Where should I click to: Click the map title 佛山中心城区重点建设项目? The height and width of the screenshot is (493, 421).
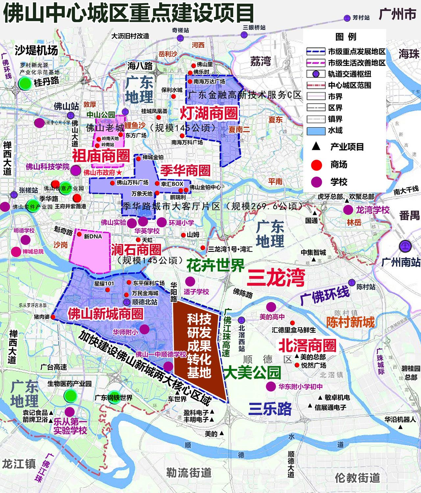pyautogui.click(x=128, y=13)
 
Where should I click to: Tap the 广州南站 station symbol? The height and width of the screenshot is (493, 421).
pyautogui.click(x=406, y=246)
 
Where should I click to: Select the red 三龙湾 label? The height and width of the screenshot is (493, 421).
pyautogui.click(x=276, y=277)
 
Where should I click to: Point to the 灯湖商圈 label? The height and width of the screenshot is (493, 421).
pyautogui.click(x=209, y=114)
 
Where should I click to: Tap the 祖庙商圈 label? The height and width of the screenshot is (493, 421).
pyautogui.click(x=101, y=155)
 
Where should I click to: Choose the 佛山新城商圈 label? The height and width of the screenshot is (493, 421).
pyautogui.click(x=105, y=314)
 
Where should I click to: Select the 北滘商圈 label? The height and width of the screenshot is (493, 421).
pyautogui.click(x=308, y=345)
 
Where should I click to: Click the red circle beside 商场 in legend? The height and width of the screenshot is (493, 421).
pyautogui.click(x=316, y=165)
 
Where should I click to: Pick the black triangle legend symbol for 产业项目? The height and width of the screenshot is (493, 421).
pyautogui.click(x=316, y=147)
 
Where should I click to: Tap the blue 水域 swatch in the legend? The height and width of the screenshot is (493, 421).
pyautogui.click(x=316, y=130)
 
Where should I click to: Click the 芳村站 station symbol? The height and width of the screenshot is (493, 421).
pyautogui.click(x=347, y=18)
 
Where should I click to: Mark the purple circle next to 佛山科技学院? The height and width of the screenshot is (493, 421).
pyautogui.click(x=75, y=170)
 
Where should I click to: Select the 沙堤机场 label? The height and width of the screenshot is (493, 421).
pyautogui.click(x=36, y=50)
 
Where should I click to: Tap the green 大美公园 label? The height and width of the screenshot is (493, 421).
pyautogui.click(x=252, y=372)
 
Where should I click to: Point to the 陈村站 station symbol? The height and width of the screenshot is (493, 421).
pyautogui.click(x=352, y=283)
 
